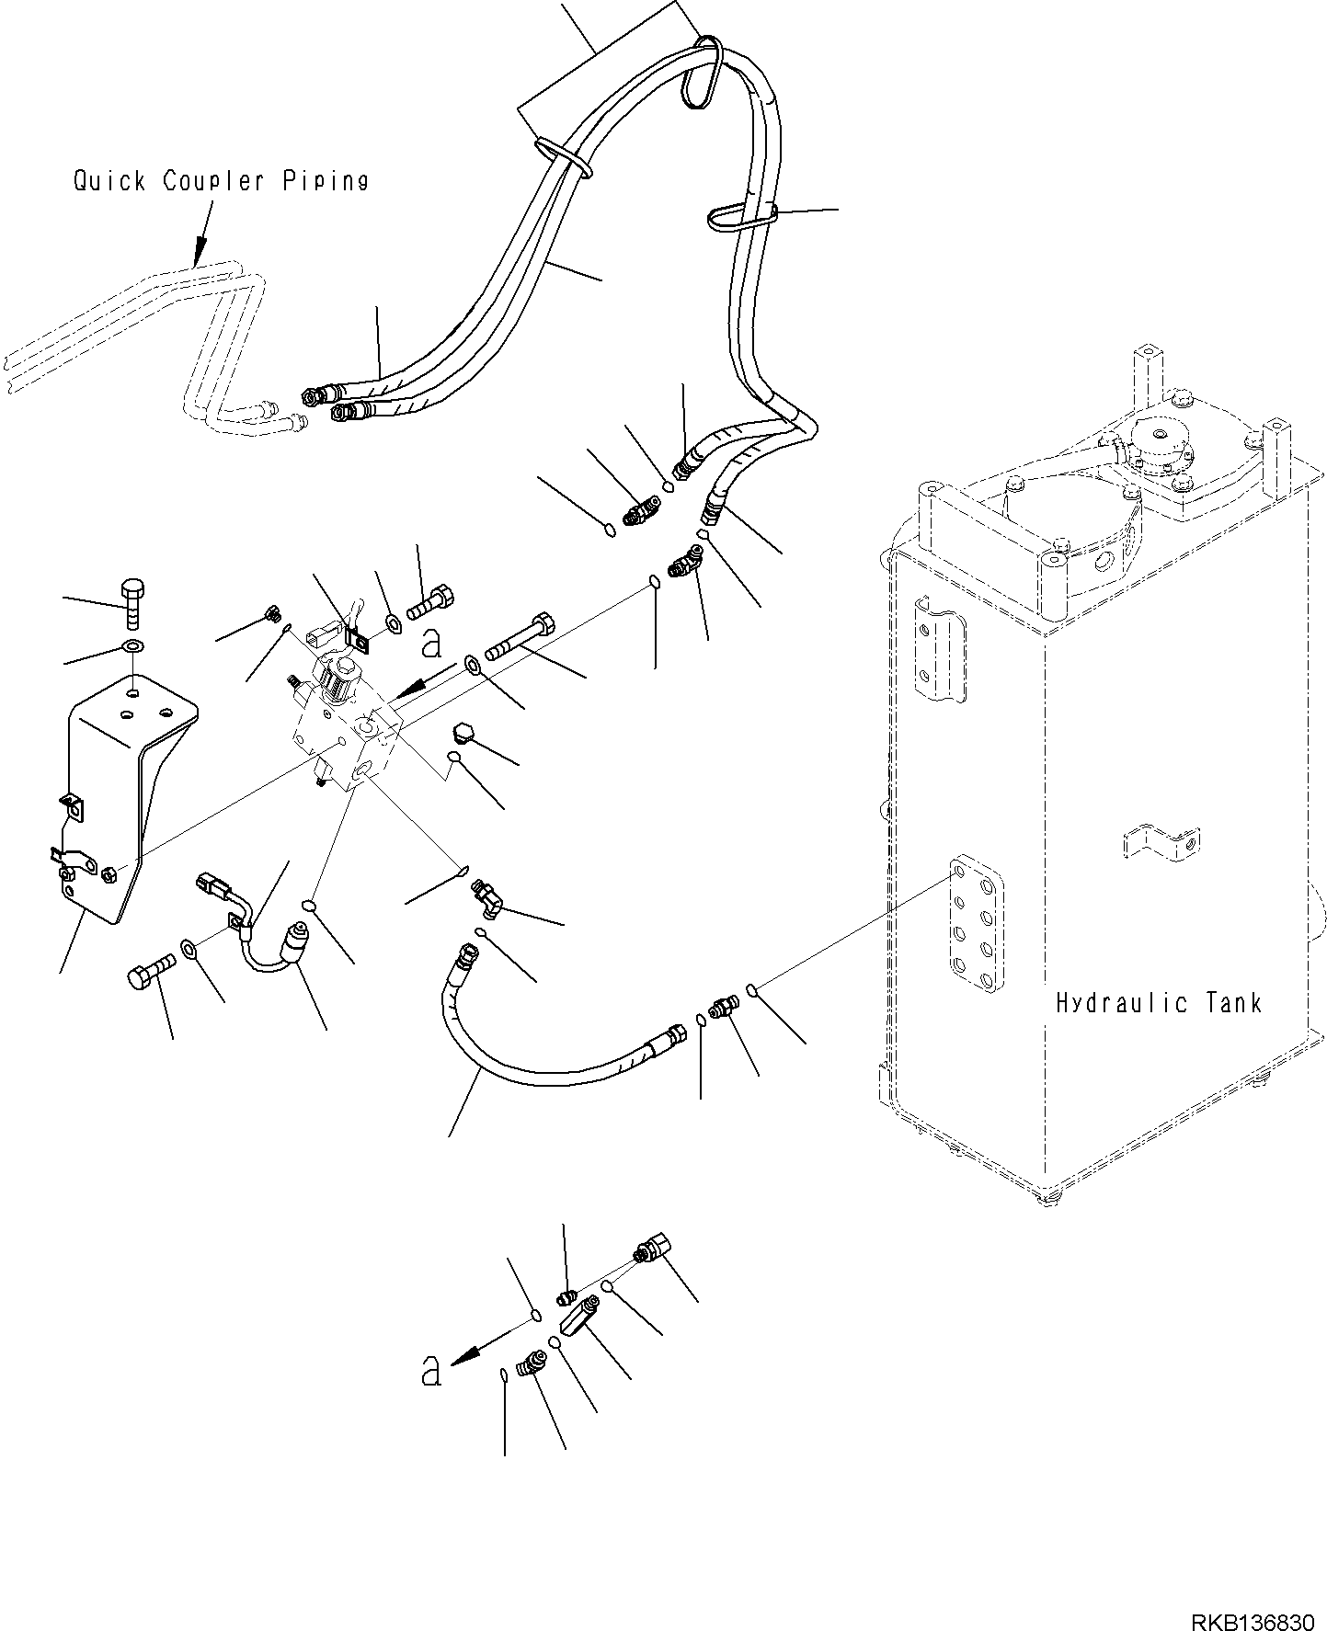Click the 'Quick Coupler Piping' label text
pos(221,181)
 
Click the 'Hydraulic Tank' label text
pos(1158,1002)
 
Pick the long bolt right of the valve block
pos(521,637)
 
